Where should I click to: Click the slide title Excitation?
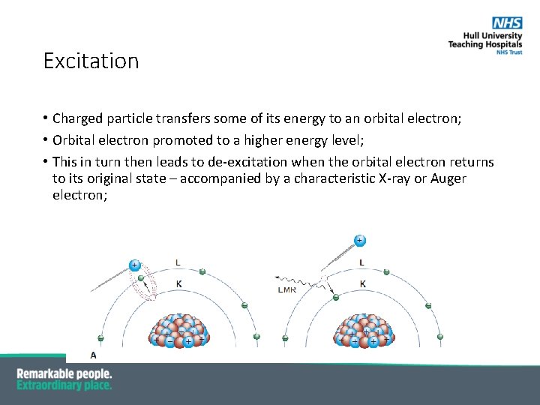91,61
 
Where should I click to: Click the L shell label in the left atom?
177,262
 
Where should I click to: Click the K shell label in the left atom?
178,283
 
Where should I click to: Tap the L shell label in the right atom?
361,262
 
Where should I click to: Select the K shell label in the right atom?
363,284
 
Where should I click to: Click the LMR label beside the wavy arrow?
287,289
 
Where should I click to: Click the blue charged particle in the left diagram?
134,265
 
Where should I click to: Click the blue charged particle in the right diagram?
360,240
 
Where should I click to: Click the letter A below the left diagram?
93,355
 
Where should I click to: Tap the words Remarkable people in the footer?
64,373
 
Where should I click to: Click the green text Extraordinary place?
64,385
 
